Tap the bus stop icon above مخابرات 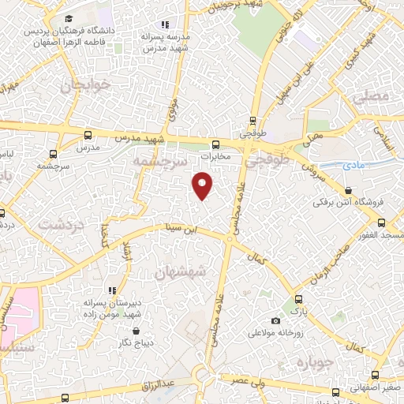click(216, 144)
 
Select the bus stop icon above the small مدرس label click(88, 136)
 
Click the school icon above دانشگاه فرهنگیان click(69, 17)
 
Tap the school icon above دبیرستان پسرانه click(112, 290)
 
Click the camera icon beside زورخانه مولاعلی click(275, 320)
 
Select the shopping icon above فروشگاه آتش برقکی click(348, 189)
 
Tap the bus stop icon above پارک click(298, 300)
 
